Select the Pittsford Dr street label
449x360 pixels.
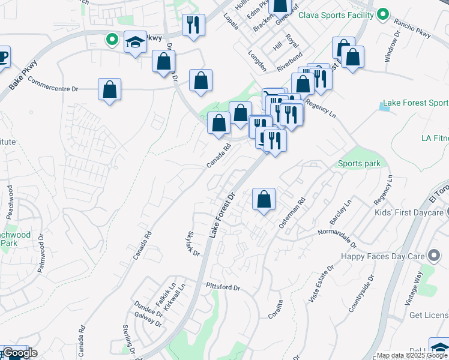point(222,287)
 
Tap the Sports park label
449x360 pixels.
point(359,163)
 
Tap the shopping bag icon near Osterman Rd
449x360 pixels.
point(264,199)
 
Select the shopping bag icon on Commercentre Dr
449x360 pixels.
point(109,90)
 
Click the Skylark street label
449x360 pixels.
point(193,244)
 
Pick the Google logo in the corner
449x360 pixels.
point(19,353)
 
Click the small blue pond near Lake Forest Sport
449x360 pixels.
point(384,107)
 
